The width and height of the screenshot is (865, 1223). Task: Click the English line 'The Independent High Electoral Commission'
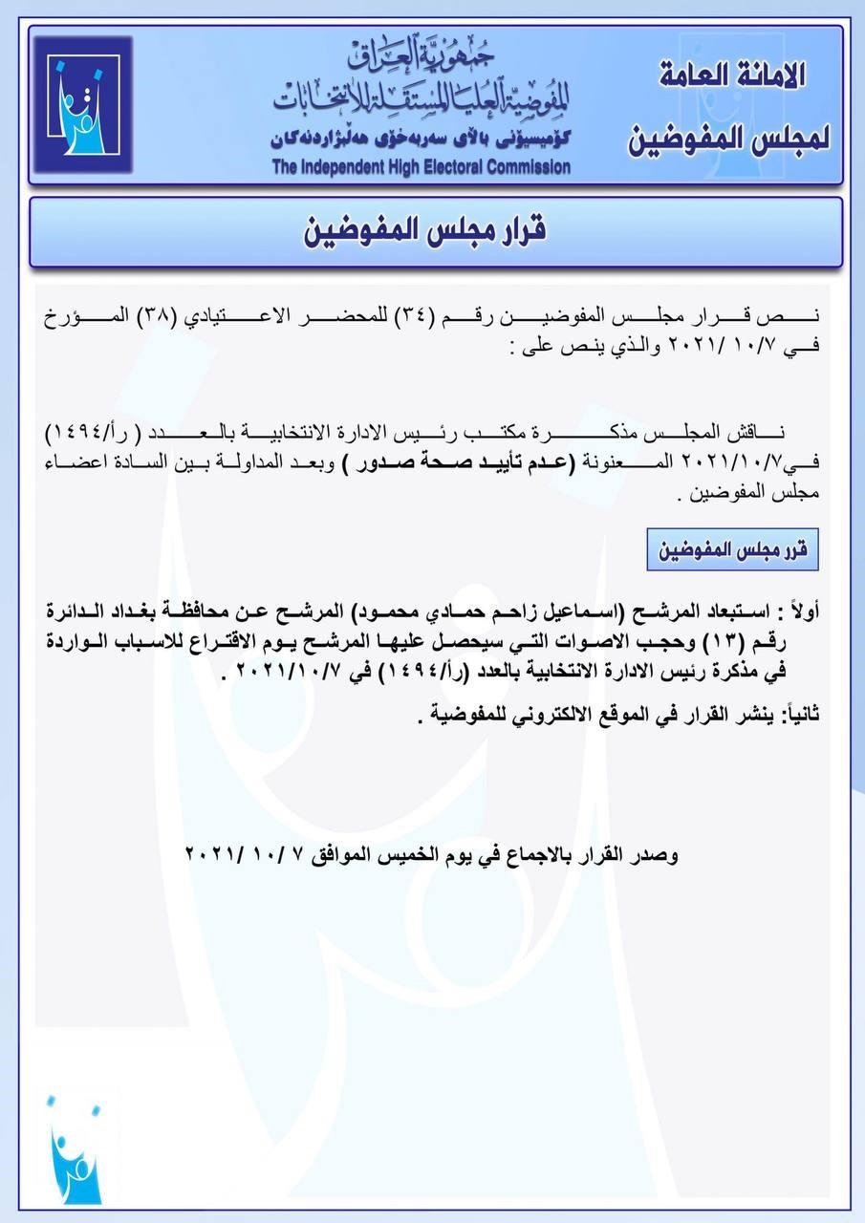click(421, 167)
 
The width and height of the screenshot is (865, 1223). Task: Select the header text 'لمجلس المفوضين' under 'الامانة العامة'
click(729, 139)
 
